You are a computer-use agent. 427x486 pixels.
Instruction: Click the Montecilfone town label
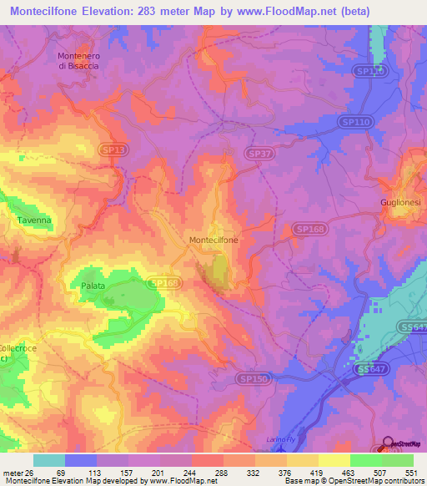click(x=213, y=240)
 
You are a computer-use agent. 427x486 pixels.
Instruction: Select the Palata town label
click(x=93, y=286)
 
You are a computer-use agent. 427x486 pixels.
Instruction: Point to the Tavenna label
click(x=34, y=220)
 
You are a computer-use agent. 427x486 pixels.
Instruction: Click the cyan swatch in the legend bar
click(x=49, y=460)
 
